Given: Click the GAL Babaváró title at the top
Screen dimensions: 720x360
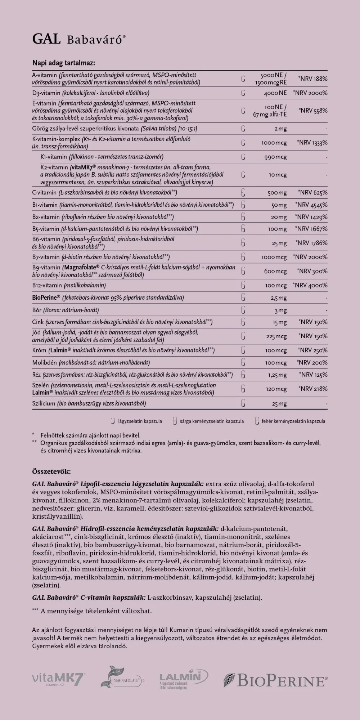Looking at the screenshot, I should [x=79, y=39].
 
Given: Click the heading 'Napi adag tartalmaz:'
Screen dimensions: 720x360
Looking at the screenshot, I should [x=64, y=63].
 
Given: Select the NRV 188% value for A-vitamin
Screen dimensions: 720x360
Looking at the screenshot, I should [x=313, y=79].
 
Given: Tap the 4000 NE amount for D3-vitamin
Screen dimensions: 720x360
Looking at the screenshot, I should [x=275, y=93].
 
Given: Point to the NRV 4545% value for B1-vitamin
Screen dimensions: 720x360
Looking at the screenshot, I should [x=311, y=205].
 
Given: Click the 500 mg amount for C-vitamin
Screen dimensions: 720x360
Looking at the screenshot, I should [x=277, y=193].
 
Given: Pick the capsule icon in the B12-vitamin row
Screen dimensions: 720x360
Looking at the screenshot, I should [x=243, y=285].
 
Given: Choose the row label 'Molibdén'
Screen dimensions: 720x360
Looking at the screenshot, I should [x=45, y=363].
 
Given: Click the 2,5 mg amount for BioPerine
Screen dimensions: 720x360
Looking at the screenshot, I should [x=279, y=298].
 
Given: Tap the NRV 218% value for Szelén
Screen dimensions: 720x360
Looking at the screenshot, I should [x=313, y=389].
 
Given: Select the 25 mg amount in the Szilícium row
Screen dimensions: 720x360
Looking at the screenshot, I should [x=279, y=404].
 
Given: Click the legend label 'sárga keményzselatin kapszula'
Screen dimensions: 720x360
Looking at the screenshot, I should [x=212, y=421].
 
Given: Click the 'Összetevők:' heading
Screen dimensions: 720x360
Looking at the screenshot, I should [x=51, y=471].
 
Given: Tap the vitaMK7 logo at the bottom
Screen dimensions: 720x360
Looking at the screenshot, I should [x=59, y=679].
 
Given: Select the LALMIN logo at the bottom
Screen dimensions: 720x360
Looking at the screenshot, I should [x=183, y=679].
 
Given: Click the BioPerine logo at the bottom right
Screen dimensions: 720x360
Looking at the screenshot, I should [x=275, y=680].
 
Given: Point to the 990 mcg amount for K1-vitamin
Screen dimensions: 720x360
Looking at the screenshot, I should [x=276, y=157].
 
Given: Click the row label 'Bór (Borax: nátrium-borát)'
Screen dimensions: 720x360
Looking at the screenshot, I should [x=66, y=310].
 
